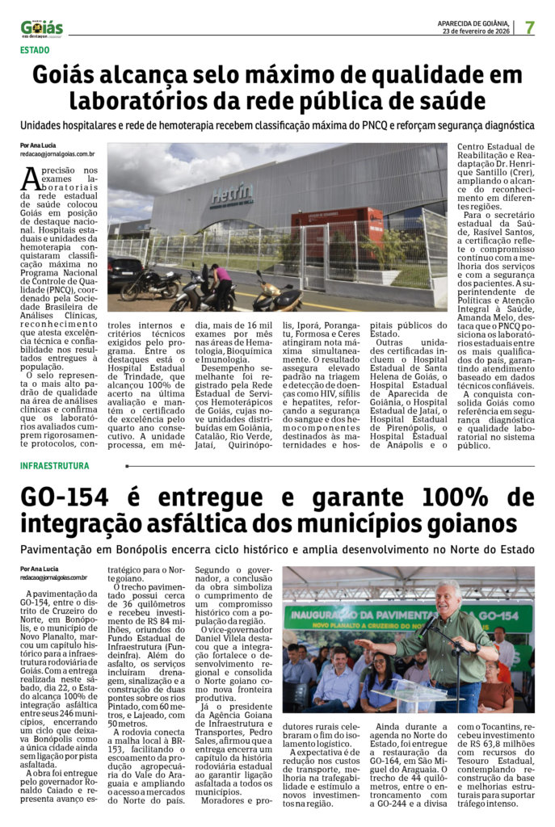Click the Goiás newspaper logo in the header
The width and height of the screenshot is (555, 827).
pos(41,27)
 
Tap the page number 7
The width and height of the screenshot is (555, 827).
pos(529,27)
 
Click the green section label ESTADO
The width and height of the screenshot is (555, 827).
pos(35,50)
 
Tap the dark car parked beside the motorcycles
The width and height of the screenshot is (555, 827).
pos(126,270)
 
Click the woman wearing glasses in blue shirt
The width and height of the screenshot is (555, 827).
pos(379,678)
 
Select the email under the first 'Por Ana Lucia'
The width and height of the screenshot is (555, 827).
pos(57,153)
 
